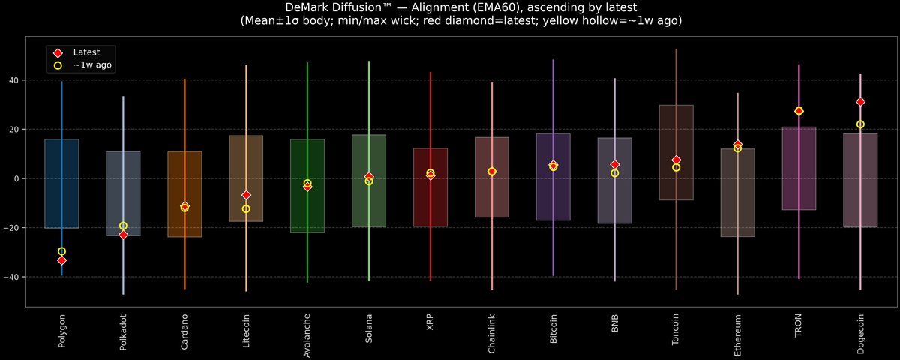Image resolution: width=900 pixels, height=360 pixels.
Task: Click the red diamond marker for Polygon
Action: [61, 260]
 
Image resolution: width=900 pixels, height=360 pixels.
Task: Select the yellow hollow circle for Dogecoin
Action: [860, 124]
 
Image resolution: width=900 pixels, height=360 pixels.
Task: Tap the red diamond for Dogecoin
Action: [860, 101]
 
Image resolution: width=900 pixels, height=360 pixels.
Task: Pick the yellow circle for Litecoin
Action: [246, 209]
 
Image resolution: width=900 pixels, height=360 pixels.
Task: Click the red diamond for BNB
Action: [615, 164]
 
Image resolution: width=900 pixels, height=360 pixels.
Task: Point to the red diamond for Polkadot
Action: [123, 235]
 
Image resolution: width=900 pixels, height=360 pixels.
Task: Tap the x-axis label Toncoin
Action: [676, 331]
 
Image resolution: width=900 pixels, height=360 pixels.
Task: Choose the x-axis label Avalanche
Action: [307, 334]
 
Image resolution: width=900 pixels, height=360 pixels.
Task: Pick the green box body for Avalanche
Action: [307, 210]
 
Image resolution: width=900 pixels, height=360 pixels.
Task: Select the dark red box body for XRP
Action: [430, 202]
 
